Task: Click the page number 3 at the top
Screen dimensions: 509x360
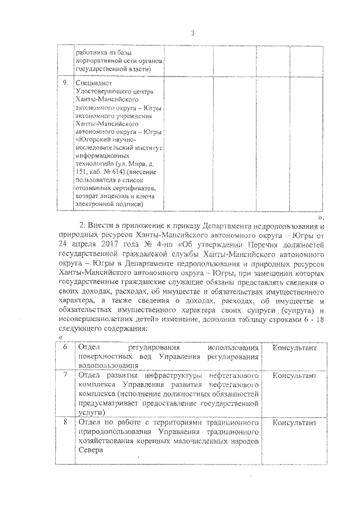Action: coord(192,33)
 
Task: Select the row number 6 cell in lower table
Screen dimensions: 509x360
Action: coord(65,348)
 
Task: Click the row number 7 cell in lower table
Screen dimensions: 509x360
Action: coord(65,375)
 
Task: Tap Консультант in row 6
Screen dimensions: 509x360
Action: coord(295,348)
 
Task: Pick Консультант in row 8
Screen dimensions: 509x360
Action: coord(295,422)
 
